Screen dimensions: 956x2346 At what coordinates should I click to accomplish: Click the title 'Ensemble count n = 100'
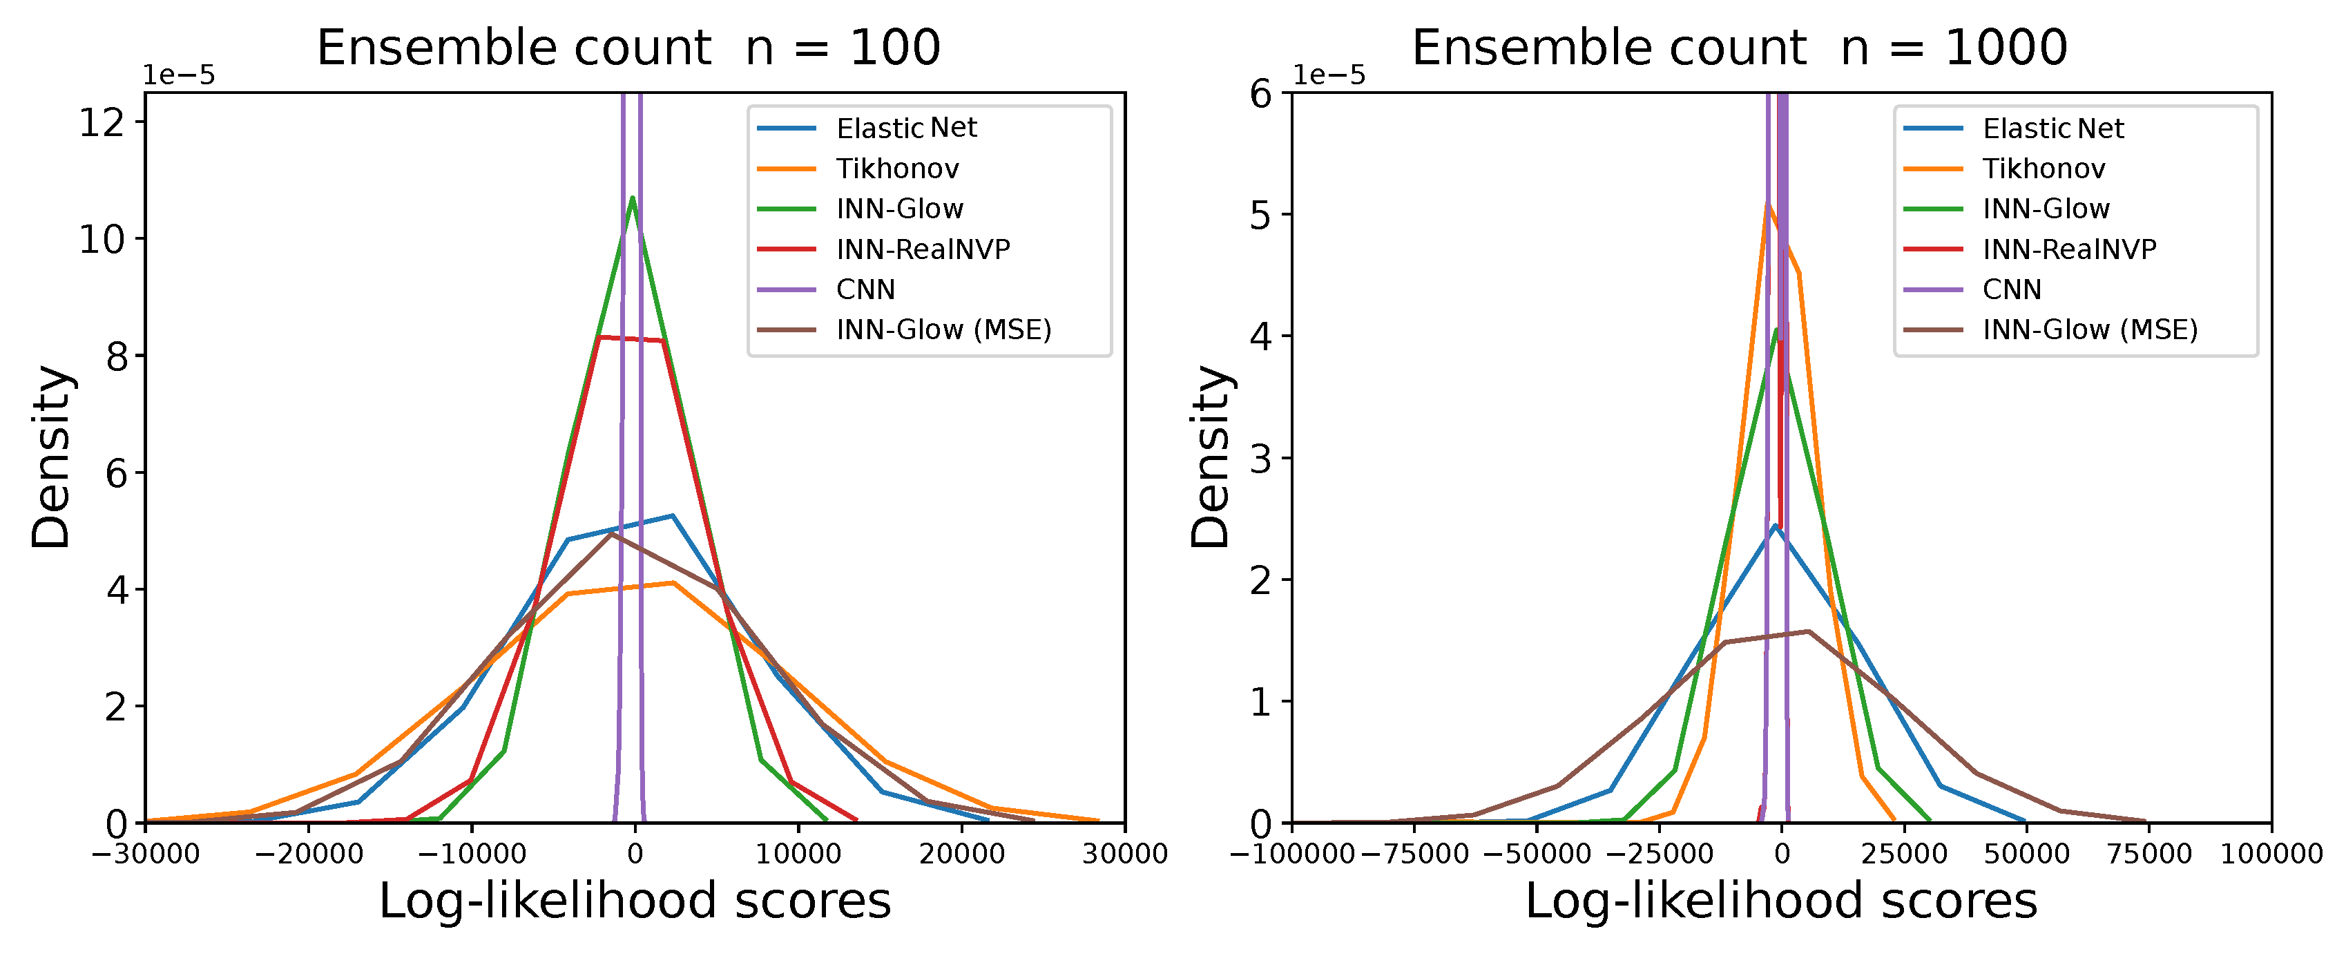(628, 48)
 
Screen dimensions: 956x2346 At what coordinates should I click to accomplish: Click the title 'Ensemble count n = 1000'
(1740, 48)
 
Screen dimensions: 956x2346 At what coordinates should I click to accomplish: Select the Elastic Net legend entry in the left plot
(905, 128)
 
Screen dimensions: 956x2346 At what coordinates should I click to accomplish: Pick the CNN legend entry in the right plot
(2012, 289)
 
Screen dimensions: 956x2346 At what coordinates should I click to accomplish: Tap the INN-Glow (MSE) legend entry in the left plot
(943, 329)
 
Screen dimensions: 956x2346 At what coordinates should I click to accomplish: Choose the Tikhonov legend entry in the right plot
(2044, 169)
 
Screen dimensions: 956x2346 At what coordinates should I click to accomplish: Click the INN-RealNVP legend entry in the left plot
(923, 249)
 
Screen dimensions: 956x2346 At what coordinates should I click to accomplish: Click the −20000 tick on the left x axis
(308, 854)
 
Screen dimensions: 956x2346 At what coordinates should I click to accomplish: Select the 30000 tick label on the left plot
(1125, 854)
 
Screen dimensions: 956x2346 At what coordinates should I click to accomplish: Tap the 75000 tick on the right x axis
(2149, 854)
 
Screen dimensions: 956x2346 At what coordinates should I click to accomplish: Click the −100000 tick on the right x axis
(1292, 854)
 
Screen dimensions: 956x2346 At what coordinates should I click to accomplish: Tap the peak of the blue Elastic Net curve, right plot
(1775, 526)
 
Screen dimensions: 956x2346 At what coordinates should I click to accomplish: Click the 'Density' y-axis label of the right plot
(1211, 457)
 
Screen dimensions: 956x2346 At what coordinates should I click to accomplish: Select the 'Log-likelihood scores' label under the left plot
(635, 901)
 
